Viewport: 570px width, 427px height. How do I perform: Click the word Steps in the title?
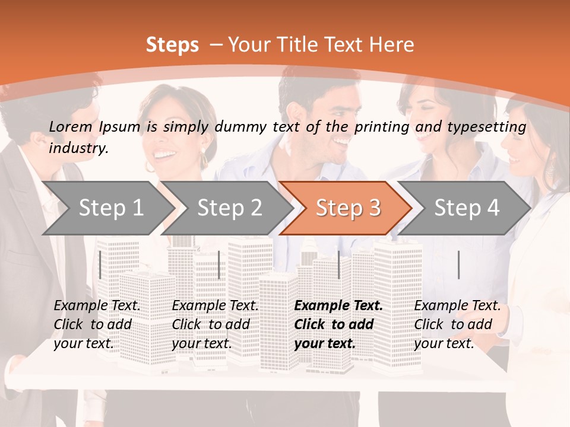click(x=172, y=45)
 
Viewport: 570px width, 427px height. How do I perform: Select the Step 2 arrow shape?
click(x=229, y=208)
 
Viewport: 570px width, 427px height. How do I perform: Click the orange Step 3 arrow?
click(x=348, y=208)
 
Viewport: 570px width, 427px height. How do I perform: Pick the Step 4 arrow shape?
click(x=467, y=208)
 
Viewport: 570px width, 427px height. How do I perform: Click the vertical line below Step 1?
click(x=100, y=265)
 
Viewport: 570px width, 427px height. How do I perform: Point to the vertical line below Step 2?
click(x=219, y=265)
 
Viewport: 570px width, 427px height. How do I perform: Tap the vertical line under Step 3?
click(x=339, y=265)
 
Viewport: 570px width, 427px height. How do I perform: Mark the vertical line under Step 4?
click(x=458, y=265)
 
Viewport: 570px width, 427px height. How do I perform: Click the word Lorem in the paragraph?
click(x=71, y=127)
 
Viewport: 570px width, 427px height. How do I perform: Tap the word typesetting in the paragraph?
click(x=492, y=127)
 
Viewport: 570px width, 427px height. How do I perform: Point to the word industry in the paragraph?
click(x=78, y=148)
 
